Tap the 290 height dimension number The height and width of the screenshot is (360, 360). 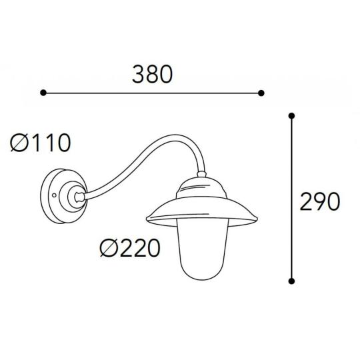319,201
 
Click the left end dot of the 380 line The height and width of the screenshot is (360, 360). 43,93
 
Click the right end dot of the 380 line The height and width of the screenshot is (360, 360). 261,93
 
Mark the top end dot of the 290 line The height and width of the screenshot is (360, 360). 291,116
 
